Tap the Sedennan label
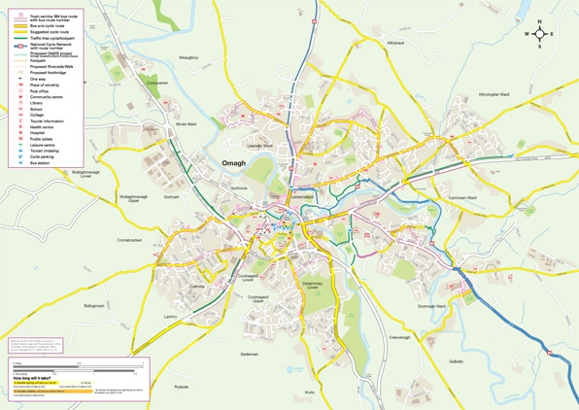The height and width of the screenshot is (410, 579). (x=250, y=355)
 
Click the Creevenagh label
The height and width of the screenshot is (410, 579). (x=400, y=337)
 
